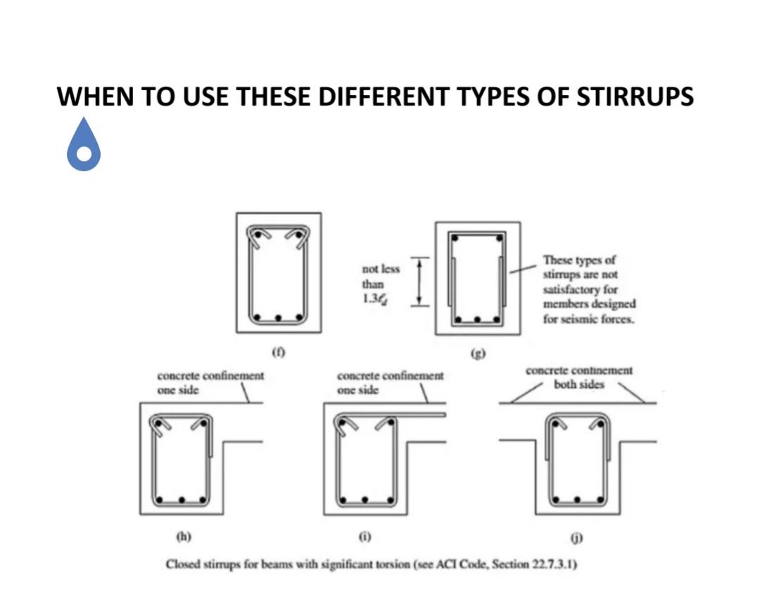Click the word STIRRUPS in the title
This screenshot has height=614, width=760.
[635, 96]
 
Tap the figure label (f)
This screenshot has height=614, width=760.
[278, 350]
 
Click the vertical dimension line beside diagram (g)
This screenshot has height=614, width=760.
[420, 282]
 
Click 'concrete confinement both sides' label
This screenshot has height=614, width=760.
[578, 377]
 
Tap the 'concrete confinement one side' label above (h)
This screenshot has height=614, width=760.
[210, 382]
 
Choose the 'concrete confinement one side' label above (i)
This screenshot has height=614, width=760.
[391, 383]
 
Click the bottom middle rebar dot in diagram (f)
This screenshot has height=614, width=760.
[279, 318]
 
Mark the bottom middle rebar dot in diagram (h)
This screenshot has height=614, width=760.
[182, 500]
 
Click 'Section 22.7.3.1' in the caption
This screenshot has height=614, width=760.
[538, 565]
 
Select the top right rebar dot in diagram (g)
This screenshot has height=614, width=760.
[499, 238]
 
